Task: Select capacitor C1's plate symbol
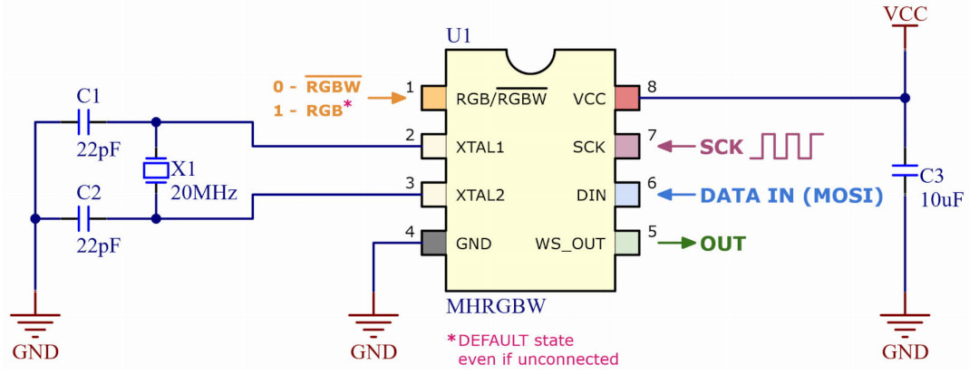click(83, 121)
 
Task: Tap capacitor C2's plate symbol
click(83, 219)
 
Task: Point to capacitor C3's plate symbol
click(905, 171)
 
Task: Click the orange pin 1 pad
click(433, 98)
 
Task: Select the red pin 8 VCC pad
click(627, 98)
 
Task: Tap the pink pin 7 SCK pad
click(627, 147)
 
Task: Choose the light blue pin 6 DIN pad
click(627, 195)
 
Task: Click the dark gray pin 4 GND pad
click(433, 243)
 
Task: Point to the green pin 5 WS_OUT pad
click(627, 243)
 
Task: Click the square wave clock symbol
click(785, 146)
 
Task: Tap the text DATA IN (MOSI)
click(791, 196)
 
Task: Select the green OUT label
click(723, 244)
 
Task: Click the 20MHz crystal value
click(204, 193)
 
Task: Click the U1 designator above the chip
click(459, 37)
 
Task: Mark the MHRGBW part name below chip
click(497, 306)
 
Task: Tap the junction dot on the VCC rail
click(905, 98)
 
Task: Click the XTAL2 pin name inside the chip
click(481, 196)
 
